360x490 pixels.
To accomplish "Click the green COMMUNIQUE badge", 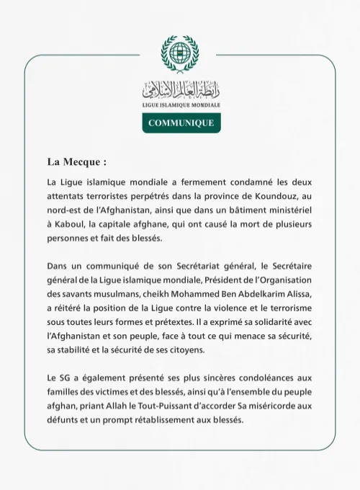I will (180, 122).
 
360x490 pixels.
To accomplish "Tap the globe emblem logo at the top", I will (180, 53).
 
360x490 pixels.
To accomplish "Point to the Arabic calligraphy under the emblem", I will (180, 90).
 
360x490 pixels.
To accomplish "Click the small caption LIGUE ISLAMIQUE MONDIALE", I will (180, 105).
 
